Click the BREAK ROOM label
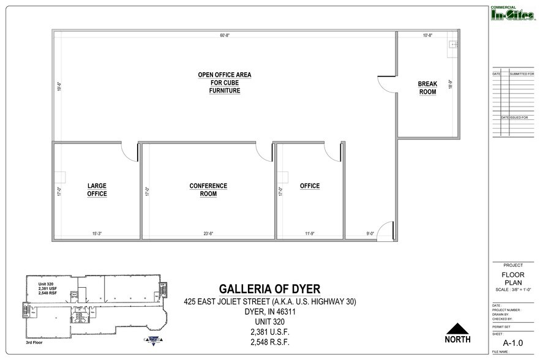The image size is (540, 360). click(x=427, y=88)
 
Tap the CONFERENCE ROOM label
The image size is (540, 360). click(x=208, y=190)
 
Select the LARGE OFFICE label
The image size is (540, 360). click(x=97, y=190)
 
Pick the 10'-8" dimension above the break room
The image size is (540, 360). click(x=427, y=35)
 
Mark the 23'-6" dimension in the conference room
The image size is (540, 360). click(x=208, y=233)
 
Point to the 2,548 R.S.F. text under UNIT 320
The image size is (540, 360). click(x=269, y=342)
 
